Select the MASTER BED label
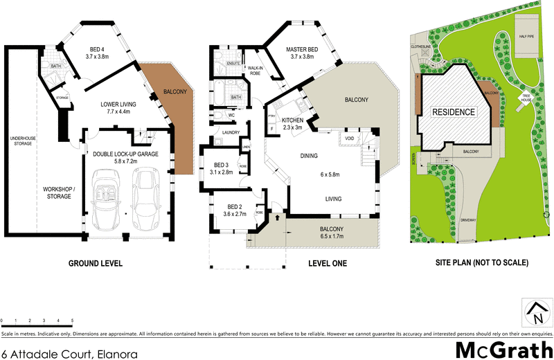click(x=298, y=49)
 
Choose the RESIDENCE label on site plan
click(x=454, y=112)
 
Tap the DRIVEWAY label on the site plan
click(x=468, y=219)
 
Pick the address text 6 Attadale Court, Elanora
click(x=69, y=353)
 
